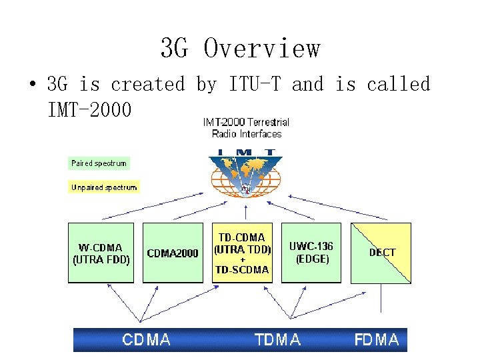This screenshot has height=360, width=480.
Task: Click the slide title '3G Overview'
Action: click(x=240, y=48)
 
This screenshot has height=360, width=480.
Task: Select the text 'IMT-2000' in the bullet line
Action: click(x=89, y=108)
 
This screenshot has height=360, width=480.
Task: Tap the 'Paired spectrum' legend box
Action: click(x=99, y=163)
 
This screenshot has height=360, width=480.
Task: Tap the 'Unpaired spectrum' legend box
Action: click(x=104, y=187)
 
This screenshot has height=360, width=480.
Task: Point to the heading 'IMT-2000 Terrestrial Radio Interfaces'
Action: click(x=246, y=128)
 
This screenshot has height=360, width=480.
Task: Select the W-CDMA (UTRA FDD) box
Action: click(x=101, y=253)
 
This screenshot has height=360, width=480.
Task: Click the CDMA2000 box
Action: click(x=173, y=253)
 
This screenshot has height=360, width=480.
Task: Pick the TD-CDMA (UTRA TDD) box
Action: click(x=242, y=253)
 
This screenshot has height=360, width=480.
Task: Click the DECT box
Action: click(x=382, y=253)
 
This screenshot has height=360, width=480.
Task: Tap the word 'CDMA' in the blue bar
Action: click(x=146, y=340)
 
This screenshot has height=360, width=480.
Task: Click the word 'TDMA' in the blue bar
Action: click(x=278, y=340)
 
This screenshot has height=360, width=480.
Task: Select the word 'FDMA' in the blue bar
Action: click(x=377, y=340)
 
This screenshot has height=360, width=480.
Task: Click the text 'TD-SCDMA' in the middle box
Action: click(x=242, y=270)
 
